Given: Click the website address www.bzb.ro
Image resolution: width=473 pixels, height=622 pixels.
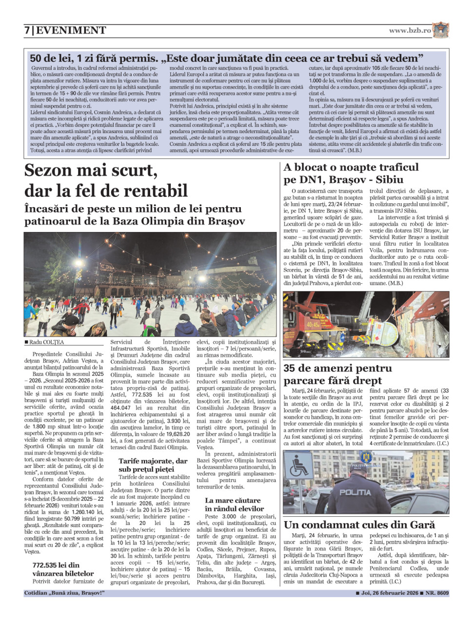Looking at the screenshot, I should tap(410, 30).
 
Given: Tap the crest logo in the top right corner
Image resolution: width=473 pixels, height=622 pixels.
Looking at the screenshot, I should tap(440, 30).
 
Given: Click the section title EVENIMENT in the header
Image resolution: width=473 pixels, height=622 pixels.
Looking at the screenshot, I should tap(71, 30).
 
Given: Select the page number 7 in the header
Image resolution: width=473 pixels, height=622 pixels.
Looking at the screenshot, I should tap(27, 30).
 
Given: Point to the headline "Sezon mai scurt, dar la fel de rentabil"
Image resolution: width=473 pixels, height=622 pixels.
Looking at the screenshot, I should tap(106, 180).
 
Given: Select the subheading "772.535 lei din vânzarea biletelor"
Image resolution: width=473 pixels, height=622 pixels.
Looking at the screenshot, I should tap(63, 569).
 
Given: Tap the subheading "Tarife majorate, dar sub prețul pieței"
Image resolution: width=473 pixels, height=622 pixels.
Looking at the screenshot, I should tap(153, 465).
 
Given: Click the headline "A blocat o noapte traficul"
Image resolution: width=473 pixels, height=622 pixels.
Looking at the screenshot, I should tap(351, 168).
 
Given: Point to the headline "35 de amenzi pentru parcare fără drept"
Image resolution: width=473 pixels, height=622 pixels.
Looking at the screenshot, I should tap(337, 374).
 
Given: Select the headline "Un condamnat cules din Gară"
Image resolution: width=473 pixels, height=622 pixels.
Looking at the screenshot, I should tap(359, 525).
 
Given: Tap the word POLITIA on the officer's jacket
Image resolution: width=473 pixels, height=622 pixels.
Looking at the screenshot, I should tap(355, 492).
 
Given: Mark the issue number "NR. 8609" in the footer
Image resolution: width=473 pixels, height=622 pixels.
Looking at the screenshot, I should tap(436, 593).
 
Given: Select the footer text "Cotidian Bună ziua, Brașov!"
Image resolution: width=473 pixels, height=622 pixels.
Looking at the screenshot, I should tap(64, 593).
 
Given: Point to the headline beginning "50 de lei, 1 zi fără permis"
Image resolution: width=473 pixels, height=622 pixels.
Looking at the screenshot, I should tap(226, 58).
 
